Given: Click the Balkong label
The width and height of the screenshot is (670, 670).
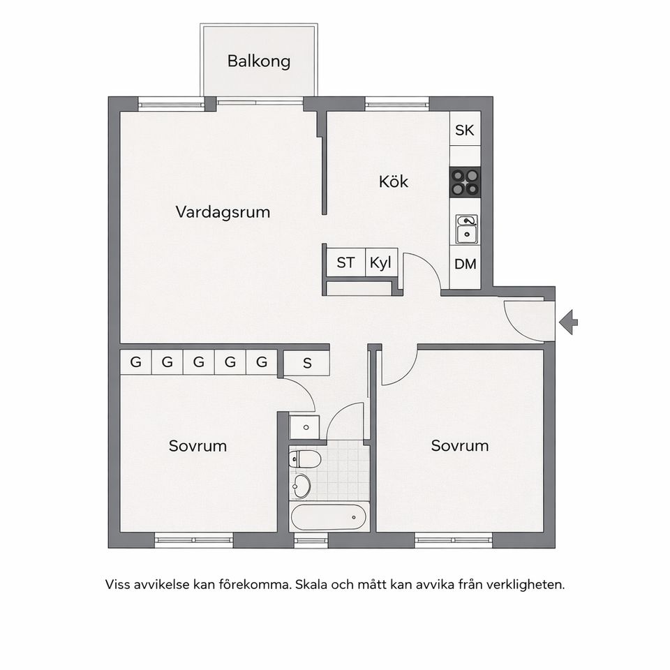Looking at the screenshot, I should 258,61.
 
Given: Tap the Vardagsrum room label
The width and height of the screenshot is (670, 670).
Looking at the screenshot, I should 223,211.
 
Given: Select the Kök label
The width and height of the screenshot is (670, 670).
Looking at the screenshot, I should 393,182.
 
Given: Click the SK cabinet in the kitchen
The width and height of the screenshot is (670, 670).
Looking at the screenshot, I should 465,130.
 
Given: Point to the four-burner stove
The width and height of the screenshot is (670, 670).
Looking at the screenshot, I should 465,182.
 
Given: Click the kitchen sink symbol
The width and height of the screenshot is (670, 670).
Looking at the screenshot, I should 466,230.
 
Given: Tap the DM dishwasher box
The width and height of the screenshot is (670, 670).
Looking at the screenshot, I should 465,265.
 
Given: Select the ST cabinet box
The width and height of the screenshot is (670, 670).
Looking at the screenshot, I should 345,263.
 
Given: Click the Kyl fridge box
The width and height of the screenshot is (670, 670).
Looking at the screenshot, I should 380,263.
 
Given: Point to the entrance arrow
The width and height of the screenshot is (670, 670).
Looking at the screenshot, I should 569,322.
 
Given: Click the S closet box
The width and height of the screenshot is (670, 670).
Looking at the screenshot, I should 306,363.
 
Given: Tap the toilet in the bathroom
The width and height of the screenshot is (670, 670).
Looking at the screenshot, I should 305,459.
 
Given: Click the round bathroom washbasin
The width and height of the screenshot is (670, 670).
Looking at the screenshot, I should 302,486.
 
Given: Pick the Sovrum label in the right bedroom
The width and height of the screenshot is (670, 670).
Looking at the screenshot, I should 459,445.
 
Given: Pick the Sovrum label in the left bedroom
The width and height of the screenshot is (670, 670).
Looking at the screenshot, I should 198,445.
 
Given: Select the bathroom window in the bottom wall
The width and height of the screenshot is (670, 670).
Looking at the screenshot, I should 311,539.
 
